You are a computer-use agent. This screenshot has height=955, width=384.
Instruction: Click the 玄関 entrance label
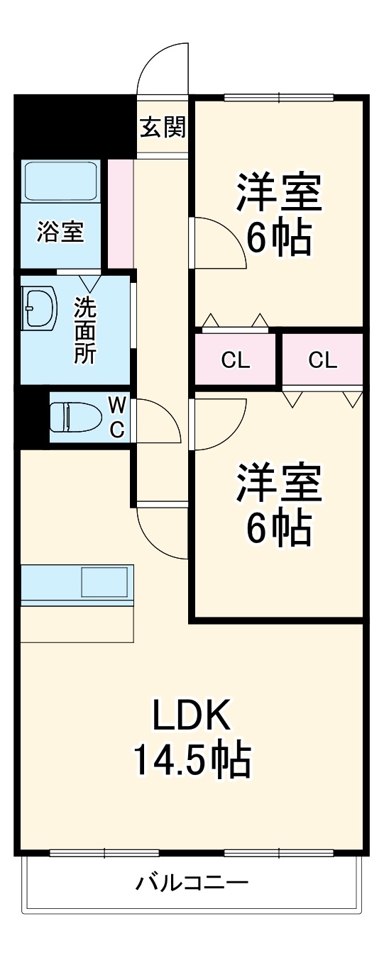click(163, 128)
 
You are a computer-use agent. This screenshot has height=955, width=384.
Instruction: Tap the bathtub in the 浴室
click(60, 181)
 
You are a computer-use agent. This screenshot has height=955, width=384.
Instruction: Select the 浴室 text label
click(60, 232)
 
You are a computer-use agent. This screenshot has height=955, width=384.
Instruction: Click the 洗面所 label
click(87, 330)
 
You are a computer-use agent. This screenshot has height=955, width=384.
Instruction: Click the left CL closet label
click(235, 360)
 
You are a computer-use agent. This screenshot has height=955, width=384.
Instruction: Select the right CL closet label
click(322, 360)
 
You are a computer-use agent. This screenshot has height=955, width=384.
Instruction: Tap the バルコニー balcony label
click(192, 883)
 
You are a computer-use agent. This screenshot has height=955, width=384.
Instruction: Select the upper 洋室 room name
click(279, 193)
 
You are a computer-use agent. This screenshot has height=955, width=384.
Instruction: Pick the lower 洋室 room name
click(279, 482)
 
